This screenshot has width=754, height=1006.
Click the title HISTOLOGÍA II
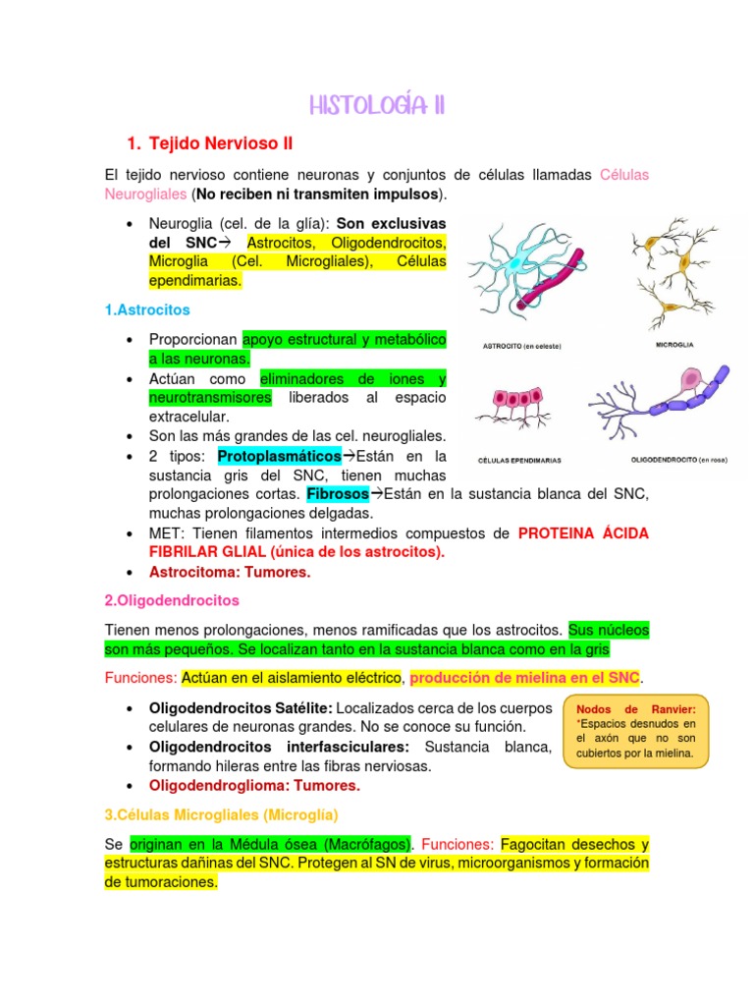[x=377, y=105]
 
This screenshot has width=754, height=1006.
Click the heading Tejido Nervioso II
[x=221, y=143]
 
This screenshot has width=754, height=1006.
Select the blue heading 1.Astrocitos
[x=146, y=309]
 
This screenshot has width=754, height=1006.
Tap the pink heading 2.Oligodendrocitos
[x=171, y=599]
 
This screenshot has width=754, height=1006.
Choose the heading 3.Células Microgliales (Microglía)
[x=220, y=814]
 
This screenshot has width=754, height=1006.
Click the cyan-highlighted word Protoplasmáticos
[x=279, y=456]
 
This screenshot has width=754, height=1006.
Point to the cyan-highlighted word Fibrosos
[x=338, y=493]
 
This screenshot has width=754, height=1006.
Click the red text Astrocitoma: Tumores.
[x=229, y=572]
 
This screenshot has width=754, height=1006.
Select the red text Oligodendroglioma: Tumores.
[x=254, y=785]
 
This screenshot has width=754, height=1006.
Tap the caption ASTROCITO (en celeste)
[x=521, y=346]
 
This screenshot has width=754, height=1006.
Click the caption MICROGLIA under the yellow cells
[x=675, y=345]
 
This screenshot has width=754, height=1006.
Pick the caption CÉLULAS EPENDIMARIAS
[x=519, y=460]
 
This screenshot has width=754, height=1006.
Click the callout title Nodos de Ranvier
[x=636, y=708]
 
